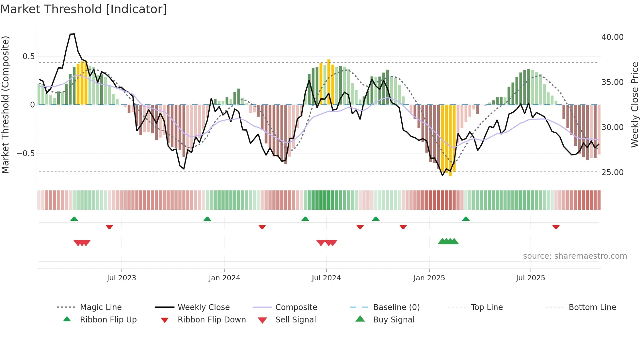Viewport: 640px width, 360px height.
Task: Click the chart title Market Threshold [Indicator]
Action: (x=84, y=9)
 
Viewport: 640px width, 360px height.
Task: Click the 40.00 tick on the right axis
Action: (x=612, y=37)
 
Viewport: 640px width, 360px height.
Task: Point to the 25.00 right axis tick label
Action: (x=612, y=172)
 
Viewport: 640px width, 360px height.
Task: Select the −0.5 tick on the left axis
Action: (x=25, y=153)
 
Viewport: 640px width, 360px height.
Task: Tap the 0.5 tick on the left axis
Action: (x=28, y=56)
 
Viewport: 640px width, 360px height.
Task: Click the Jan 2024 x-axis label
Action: (x=224, y=278)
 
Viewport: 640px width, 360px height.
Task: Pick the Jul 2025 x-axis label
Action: (x=530, y=278)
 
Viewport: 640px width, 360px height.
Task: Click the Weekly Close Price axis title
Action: (x=634, y=105)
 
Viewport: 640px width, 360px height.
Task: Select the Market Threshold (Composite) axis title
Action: (x=5, y=105)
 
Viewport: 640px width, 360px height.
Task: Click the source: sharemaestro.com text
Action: (x=575, y=256)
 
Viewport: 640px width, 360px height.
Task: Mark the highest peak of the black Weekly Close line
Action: (x=72, y=34)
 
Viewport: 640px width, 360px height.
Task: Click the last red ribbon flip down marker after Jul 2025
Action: (x=556, y=227)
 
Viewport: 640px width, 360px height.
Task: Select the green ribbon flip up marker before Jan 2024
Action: (x=207, y=219)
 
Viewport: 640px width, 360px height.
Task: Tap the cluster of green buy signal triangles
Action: (x=448, y=241)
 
